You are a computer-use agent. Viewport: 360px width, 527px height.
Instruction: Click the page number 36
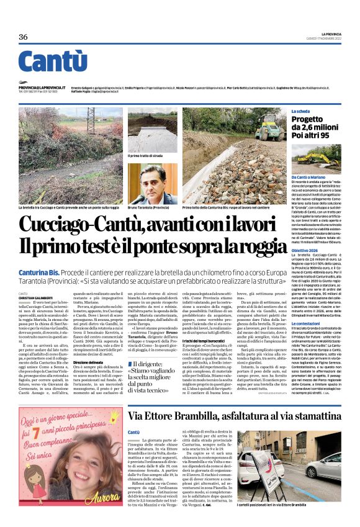coord(23,37)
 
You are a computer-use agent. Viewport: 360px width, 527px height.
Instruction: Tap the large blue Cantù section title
coord(53,62)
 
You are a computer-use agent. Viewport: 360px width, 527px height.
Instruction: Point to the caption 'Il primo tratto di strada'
coord(146,156)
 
